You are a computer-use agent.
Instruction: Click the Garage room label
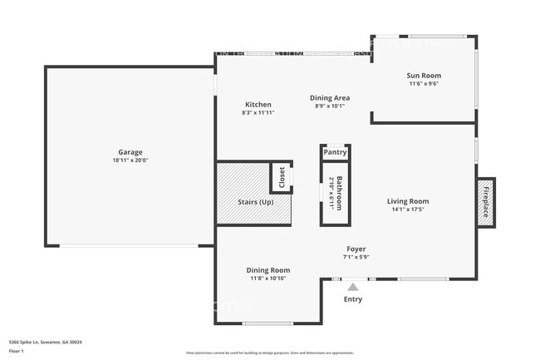pos(130,152)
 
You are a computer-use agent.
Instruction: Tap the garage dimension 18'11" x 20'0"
pos(130,160)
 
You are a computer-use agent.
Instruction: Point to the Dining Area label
pos(330,98)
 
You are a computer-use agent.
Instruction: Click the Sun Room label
pos(424,76)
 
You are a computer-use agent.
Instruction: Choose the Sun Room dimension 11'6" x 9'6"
pos(424,84)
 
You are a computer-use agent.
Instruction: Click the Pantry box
pos(335,152)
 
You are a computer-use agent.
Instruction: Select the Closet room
pos(281,178)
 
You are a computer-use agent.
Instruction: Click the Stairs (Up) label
pos(254,202)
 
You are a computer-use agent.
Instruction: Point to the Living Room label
pos(408,201)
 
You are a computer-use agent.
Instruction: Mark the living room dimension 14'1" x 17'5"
pos(408,210)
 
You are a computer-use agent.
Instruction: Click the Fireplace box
pos(485,201)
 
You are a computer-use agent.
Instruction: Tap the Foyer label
pos(356,249)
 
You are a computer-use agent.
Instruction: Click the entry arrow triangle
pos(352,287)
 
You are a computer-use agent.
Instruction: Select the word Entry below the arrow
pos(352,299)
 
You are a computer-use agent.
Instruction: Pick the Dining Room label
pos(268,269)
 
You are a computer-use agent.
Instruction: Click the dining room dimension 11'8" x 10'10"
pos(268,278)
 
